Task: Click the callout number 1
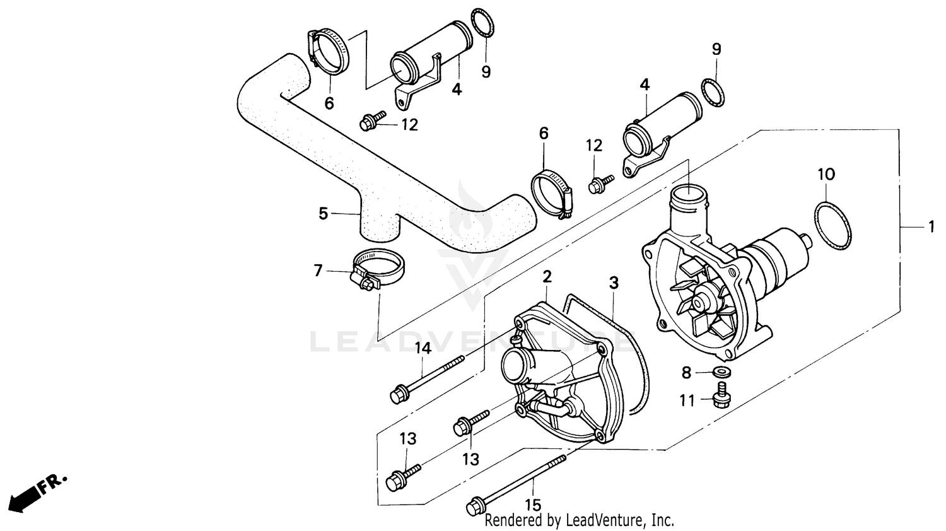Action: tap(931, 226)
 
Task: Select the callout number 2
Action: tap(547, 276)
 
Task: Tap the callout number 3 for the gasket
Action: tap(613, 283)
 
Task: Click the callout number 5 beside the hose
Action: tap(323, 214)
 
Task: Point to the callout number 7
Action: tap(318, 271)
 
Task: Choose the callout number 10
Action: tap(826, 173)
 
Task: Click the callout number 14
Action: tap(422, 347)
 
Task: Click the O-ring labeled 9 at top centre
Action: tap(482, 24)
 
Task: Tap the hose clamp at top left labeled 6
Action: tap(329, 52)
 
